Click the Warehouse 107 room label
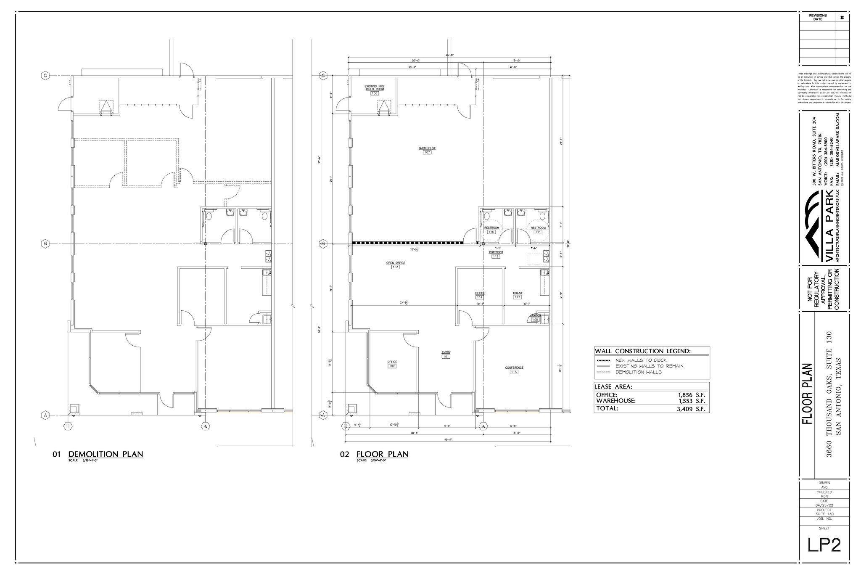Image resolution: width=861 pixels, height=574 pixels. (x=427, y=150)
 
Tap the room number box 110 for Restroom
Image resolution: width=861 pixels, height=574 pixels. (x=491, y=232)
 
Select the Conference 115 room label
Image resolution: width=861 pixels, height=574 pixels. (x=514, y=370)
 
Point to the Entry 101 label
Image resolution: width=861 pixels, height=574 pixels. (x=446, y=354)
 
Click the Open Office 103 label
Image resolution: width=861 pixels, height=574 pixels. (x=396, y=265)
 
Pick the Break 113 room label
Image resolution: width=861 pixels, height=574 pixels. (x=517, y=295)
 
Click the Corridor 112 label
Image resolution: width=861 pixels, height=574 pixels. (x=496, y=254)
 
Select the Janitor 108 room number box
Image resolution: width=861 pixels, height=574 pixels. (x=535, y=320)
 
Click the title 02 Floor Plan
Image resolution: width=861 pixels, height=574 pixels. (x=382, y=454)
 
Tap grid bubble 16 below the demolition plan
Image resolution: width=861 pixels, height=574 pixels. (x=206, y=426)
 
